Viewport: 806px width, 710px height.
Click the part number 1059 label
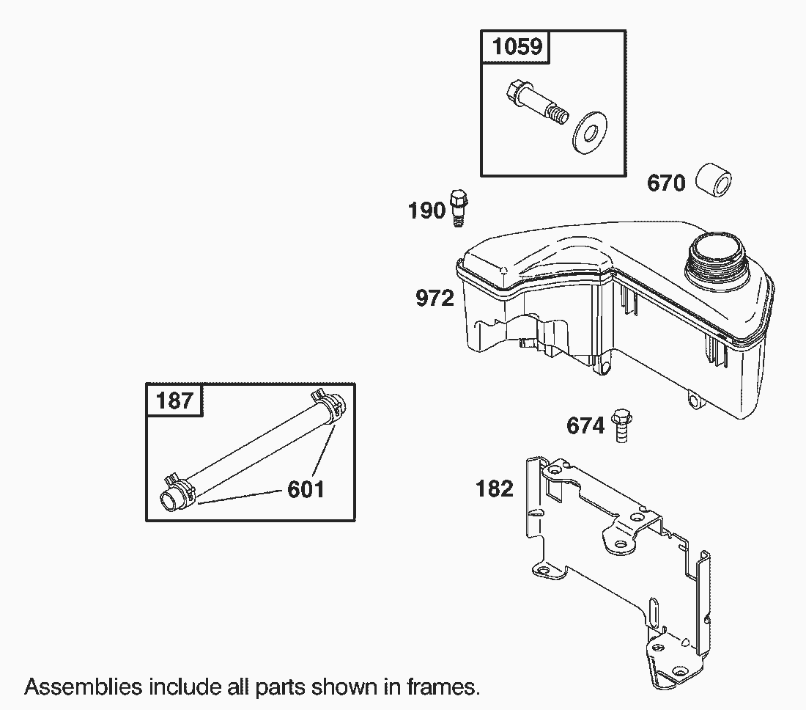coord(517,47)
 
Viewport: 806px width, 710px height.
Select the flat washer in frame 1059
coord(590,132)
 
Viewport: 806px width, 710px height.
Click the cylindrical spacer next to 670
coord(714,180)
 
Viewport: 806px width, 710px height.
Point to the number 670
coord(666,183)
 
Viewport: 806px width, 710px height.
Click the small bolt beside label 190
coord(459,208)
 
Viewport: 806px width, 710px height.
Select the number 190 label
coord(426,211)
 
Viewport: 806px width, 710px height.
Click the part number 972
coord(435,299)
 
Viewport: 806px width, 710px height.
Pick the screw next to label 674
coord(621,425)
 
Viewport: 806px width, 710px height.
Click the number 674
coord(585,426)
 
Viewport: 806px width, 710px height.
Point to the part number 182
coord(495,488)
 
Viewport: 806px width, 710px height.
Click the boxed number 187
coord(174,400)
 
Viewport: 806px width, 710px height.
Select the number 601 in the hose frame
coord(306,489)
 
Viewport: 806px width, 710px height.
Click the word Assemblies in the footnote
coord(84,687)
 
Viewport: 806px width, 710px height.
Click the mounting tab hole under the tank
coord(695,400)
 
